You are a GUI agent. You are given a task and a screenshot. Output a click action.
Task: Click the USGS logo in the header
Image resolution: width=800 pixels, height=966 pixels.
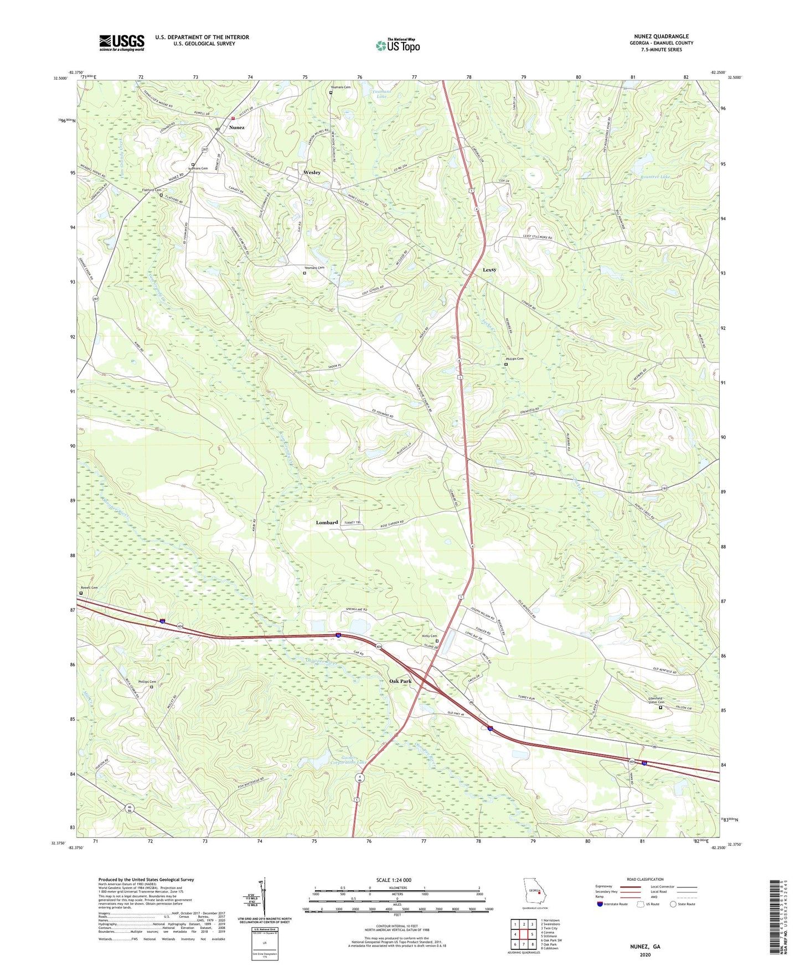tap(122, 43)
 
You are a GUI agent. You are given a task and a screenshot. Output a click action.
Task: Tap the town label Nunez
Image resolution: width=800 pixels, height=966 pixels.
tap(236, 127)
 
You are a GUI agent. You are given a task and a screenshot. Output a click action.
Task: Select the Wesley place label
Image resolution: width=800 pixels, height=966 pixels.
tap(312, 173)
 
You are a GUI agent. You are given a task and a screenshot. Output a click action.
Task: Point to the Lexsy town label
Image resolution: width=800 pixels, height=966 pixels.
tap(489, 270)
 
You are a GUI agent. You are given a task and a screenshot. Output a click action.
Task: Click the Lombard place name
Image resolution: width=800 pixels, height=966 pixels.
tap(327, 522)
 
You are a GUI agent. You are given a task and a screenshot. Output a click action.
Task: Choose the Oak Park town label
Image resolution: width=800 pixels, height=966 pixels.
tap(400, 681)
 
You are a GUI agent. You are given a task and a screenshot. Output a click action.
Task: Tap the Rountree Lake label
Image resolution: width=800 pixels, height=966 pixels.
tap(655, 177)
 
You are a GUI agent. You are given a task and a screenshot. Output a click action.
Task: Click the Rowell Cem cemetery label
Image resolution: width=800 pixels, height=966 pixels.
tap(89, 588)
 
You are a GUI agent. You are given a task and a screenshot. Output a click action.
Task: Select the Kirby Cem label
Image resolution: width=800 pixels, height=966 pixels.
tap(430, 636)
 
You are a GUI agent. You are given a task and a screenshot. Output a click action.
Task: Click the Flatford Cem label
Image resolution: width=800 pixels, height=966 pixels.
tap(152, 190)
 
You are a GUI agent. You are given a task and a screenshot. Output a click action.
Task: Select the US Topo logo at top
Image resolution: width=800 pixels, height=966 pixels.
tap(398, 45)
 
